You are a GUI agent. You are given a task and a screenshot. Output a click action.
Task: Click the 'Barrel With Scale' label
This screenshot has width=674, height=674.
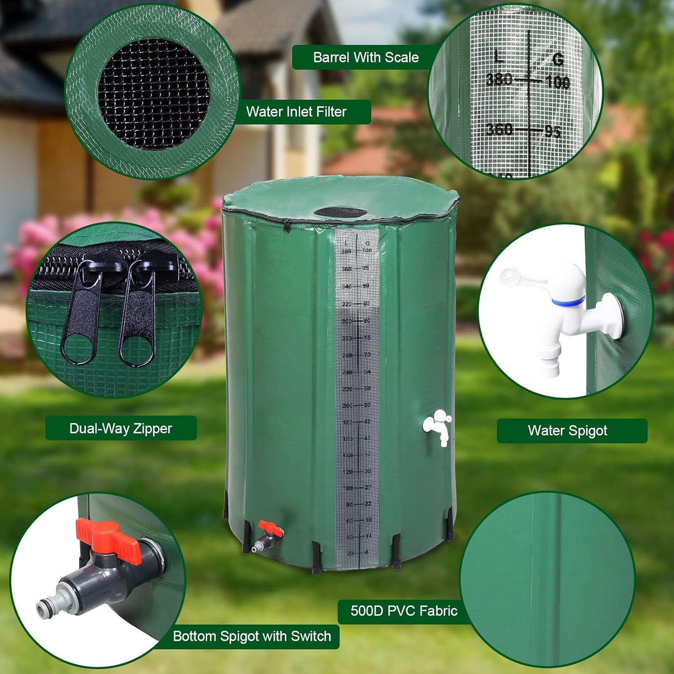coord(366,57)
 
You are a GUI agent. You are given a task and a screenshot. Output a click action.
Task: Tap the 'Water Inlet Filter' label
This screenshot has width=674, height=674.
coord(296,112)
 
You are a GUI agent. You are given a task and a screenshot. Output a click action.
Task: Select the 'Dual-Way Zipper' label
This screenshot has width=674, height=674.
coord(120,428)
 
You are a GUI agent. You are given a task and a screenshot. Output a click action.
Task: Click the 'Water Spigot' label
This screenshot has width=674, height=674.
coord(567,431)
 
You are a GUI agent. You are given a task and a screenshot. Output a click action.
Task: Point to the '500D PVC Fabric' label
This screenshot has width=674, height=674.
coord(403,611)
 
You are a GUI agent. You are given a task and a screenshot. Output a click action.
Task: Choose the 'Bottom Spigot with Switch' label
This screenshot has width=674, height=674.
coord(252,636)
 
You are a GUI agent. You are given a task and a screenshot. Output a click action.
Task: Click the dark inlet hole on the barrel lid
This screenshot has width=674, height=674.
coord(340,213)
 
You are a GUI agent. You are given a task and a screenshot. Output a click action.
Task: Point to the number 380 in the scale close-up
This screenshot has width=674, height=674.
coord(499,80)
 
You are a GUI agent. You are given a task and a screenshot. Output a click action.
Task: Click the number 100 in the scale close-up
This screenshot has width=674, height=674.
coord(557,83)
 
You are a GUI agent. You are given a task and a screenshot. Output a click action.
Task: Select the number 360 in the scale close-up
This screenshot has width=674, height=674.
coord(499,129)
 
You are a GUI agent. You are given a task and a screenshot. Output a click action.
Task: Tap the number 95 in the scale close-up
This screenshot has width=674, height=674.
coord(553,132)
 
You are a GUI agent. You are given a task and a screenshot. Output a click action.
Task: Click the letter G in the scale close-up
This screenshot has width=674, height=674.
coord(558,59)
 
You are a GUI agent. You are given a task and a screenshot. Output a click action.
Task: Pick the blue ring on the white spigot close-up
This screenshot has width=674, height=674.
coord(568,302)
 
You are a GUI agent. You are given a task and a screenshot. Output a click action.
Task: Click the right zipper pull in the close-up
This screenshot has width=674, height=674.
coord(138,322)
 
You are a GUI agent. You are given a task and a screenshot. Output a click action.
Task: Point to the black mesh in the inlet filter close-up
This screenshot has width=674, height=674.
coord(154,93)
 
